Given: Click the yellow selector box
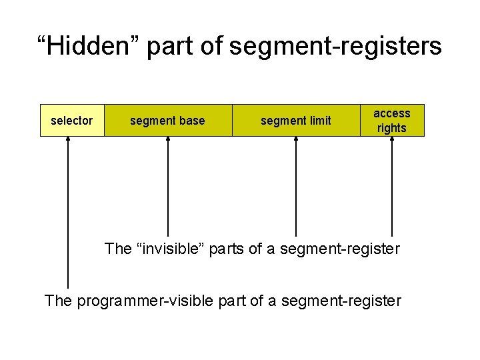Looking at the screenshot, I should pyautogui.click(x=72, y=121).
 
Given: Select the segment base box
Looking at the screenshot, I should pyautogui.click(x=168, y=121).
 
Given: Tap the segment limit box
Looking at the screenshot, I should pyautogui.click(x=296, y=121).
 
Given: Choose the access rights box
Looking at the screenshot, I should pyautogui.click(x=392, y=121).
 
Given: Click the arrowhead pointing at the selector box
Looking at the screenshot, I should pyautogui.click(x=68, y=141).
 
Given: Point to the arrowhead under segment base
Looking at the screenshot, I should pyautogui.click(x=168, y=141).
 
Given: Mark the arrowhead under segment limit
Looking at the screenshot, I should pyautogui.click(x=296, y=141).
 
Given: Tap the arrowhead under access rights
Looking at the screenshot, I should pyautogui.click(x=392, y=141).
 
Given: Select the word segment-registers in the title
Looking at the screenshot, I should pyautogui.click(x=335, y=47).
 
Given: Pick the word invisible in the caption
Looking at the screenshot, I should pyautogui.click(x=171, y=249).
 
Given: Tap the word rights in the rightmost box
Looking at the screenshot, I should pyautogui.click(x=392, y=128).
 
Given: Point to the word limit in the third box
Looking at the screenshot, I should pyautogui.click(x=319, y=121).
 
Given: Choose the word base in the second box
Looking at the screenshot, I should pyautogui.click(x=192, y=121).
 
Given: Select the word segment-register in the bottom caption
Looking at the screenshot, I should pyautogui.click(x=341, y=301).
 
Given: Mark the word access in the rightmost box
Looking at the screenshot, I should pyautogui.click(x=392, y=113).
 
